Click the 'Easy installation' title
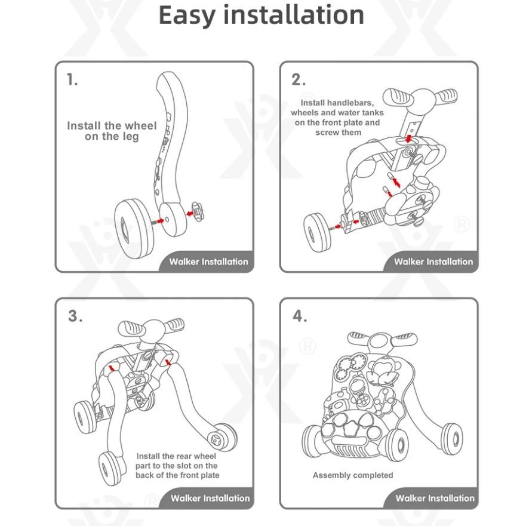click(x=261, y=16)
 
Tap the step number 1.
click(x=72, y=79)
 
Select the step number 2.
click(x=298, y=80)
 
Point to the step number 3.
click(x=75, y=316)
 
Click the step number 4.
click(x=300, y=316)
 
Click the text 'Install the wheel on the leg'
click(x=112, y=131)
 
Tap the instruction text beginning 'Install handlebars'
click(x=337, y=118)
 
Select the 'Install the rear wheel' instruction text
click(x=177, y=466)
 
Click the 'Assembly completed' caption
click(x=353, y=475)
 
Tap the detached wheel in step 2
click(x=317, y=232)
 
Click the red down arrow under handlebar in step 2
click(x=408, y=138)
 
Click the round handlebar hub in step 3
click(x=154, y=330)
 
